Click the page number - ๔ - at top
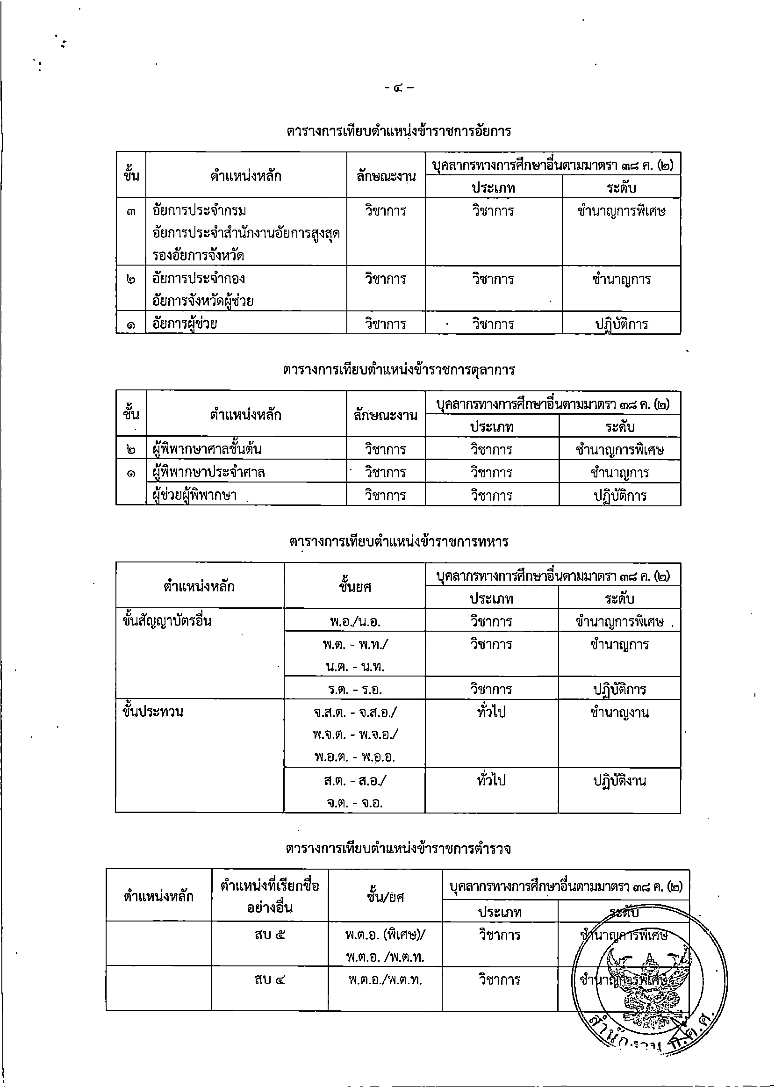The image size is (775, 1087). [399, 88]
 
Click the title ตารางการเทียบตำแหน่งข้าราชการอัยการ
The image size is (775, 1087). [399, 131]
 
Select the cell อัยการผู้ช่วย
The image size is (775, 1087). [185, 324]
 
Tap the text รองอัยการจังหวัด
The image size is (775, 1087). [198, 255]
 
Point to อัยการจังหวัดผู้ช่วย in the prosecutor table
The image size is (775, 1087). [203, 301]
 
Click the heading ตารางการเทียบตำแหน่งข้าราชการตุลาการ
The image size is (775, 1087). [399, 370]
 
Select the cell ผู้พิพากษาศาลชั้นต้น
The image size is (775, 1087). [207, 449]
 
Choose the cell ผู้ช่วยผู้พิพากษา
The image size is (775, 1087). [195, 495]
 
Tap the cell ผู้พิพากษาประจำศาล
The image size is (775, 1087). [208, 472]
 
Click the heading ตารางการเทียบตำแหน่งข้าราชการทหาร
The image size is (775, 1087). [399, 541]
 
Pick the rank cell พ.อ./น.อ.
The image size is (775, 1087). [355, 621]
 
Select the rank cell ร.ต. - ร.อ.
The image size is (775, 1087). [355, 690]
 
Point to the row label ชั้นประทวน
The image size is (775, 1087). [153, 712]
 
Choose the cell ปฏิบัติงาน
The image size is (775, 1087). [619, 781]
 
